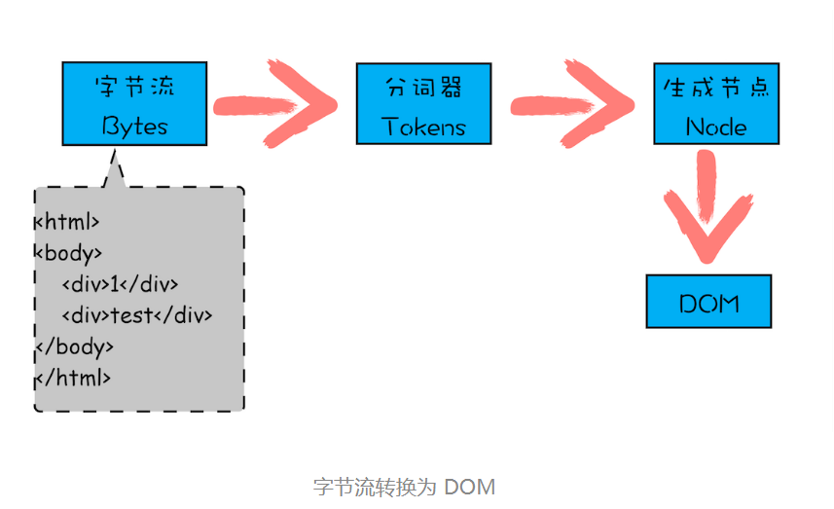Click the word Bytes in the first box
point(134,127)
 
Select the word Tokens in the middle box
point(423,127)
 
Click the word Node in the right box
point(716,127)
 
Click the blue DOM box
point(708,302)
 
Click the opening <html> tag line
point(68,221)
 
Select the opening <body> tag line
point(69,253)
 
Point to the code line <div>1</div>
point(120,284)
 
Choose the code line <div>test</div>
point(136,315)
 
